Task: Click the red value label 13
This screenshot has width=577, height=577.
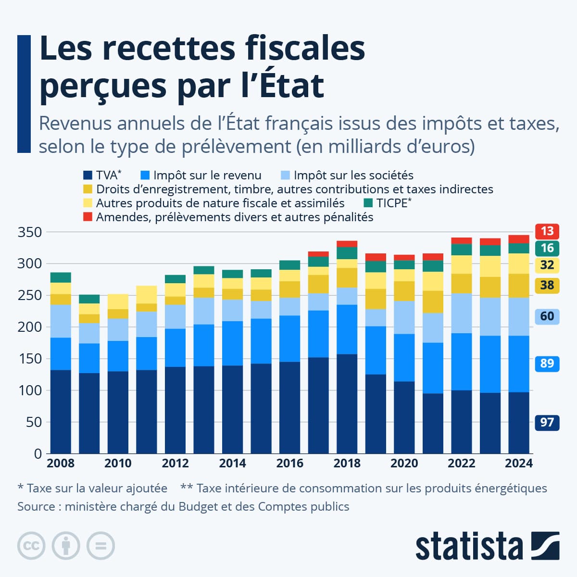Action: pyautogui.click(x=547, y=231)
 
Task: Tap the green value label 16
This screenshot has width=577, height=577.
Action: pyautogui.click(x=547, y=248)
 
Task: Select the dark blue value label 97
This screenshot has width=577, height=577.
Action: pyautogui.click(x=547, y=423)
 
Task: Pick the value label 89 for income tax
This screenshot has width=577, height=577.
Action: pyautogui.click(x=547, y=363)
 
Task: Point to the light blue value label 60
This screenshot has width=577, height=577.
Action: pyautogui.click(x=547, y=316)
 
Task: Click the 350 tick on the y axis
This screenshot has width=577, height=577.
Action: pyautogui.click(x=30, y=232)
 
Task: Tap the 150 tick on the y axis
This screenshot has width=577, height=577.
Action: pyautogui.click(x=30, y=359)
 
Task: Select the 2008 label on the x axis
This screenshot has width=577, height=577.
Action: pyautogui.click(x=61, y=463)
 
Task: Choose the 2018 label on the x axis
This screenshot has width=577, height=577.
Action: pyautogui.click(x=347, y=463)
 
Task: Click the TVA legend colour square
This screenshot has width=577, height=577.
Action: pyautogui.click(x=88, y=176)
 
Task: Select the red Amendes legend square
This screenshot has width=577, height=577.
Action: pyautogui.click(x=88, y=217)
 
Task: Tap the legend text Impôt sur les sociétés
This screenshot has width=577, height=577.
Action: pyautogui.click(x=353, y=176)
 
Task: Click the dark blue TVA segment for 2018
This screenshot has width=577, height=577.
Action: pyautogui.click(x=347, y=404)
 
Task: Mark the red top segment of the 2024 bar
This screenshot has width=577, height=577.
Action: pyautogui.click(x=519, y=239)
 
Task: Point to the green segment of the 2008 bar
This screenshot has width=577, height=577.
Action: pyautogui.click(x=61, y=277)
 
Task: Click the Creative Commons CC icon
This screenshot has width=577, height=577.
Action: pyautogui.click(x=31, y=546)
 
